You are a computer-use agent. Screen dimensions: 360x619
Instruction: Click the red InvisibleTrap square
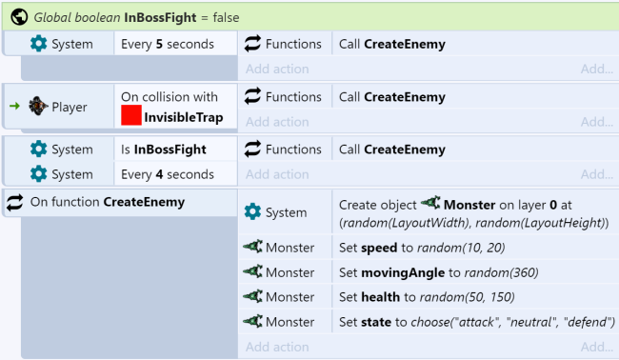[x=131, y=115]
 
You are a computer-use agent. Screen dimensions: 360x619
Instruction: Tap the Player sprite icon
[x=38, y=107]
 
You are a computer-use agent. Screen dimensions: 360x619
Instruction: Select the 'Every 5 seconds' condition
[x=167, y=44]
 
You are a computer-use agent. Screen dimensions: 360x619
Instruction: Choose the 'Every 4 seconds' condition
[x=167, y=174]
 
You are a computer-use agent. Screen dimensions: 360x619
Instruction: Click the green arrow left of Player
[x=14, y=107]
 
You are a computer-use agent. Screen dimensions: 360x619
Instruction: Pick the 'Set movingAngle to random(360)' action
[x=438, y=272]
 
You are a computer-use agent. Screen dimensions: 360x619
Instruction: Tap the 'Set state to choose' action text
[x=473, y=321]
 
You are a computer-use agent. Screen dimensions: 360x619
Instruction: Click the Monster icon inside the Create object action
[x=430, y=204]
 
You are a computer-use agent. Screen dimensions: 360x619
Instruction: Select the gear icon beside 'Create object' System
[x=252, y=212]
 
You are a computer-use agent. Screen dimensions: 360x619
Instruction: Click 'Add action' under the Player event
[x=275, y=122]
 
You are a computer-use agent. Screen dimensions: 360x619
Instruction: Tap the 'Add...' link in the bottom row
[x=597, y=347]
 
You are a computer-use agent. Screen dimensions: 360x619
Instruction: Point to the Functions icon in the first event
[x=253, y=44]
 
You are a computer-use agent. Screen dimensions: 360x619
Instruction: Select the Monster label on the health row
[x=290, y=297]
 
